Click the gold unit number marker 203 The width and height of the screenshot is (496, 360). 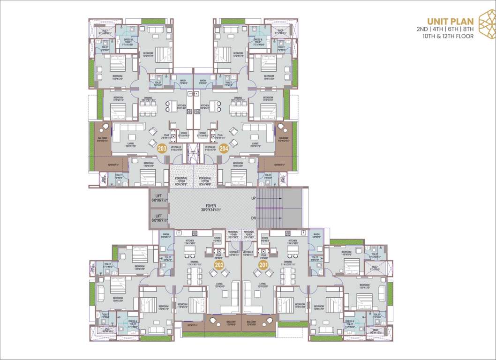163,149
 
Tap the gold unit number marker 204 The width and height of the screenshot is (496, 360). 224,149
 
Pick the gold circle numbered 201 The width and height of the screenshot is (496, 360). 263,265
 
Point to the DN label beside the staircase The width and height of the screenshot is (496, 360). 253,218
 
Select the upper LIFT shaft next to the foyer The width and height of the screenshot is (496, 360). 158,198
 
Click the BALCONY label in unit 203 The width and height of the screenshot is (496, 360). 103,138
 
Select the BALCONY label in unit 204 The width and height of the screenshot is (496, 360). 284,138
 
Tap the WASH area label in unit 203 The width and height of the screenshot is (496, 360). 183,81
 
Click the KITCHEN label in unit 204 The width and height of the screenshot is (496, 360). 204,106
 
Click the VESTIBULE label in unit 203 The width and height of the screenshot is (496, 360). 176,147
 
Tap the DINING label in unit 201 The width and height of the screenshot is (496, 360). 288,262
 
